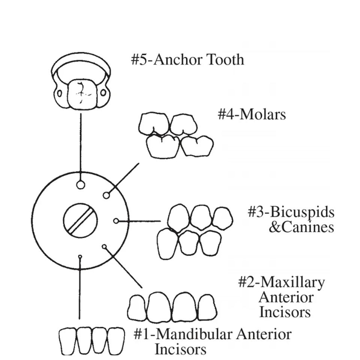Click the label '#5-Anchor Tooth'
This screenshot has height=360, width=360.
click(x=187, y=60)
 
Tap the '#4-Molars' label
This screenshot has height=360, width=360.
click(x=252, y=114)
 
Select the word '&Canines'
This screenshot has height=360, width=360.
click(x=301, y=227)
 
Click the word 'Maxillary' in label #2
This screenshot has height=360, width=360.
click(x=292, y=282)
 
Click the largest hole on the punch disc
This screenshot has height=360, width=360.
click(x=80, y=185)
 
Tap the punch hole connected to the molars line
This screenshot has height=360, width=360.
click(x=106, y=195)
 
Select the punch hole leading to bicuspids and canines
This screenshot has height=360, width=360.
click(x=116, y=221)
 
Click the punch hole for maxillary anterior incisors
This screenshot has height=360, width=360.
click(x=104, y=246)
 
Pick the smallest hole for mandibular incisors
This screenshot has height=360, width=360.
click(x=80, y=256)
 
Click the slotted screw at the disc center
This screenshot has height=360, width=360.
click(x=80, y=220)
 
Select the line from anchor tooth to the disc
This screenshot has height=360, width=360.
click(x=80, y=142)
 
